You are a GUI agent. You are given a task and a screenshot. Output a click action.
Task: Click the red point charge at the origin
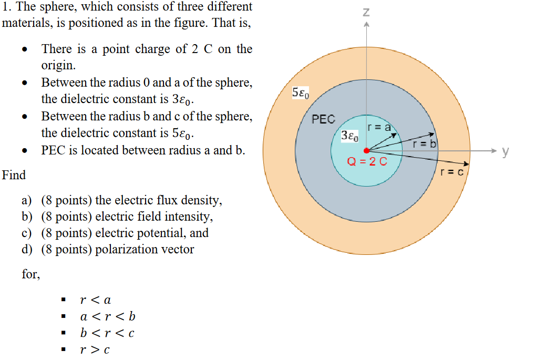(x=366, y=151)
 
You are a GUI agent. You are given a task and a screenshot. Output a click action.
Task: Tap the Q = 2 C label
(x=367, y=162)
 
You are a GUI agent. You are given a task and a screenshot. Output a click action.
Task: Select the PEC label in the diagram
(x=323, y=119)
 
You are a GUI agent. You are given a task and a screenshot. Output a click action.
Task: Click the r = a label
(x=379, y=127)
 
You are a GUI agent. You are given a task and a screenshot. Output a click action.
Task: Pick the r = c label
(x=452, y=171)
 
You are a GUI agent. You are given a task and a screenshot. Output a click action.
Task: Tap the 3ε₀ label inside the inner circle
(x=349, y=136)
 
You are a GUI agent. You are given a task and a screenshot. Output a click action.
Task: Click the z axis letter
(x=366, y=12)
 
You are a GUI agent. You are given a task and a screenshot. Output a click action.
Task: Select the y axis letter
(x=505, y=151)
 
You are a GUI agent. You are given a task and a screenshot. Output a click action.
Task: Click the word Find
(x=14, y=175)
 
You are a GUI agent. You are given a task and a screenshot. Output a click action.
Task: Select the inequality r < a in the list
(x=95, y=300)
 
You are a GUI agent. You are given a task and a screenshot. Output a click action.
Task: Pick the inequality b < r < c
(x=107, y=333)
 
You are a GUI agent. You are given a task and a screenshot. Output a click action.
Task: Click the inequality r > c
(x=95, y=349)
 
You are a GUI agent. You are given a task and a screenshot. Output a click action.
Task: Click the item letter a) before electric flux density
(x=27, y=200)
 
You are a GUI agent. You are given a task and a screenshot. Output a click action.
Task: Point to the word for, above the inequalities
(x=30, y=274)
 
